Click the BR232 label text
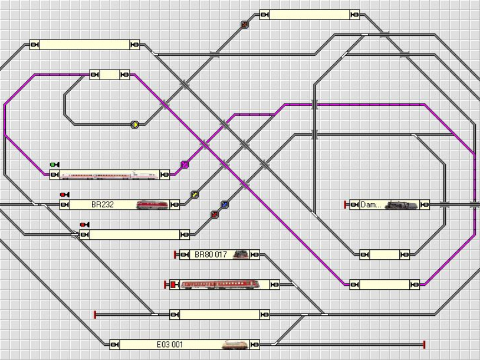point(103,205)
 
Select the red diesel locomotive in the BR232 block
point(152,205)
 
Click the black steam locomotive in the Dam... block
point(402,205)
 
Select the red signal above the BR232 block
point(64,194)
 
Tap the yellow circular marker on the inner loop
point(134,124)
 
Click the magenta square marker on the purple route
point(185,164)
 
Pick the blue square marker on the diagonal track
point(224,204)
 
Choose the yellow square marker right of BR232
point(195,194)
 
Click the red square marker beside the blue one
point(215,214)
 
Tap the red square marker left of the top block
point(245,25)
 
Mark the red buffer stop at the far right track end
point(424,344)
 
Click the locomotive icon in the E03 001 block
point(236,344)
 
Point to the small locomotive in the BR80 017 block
point(240,255)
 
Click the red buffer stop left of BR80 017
point(175,255)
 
